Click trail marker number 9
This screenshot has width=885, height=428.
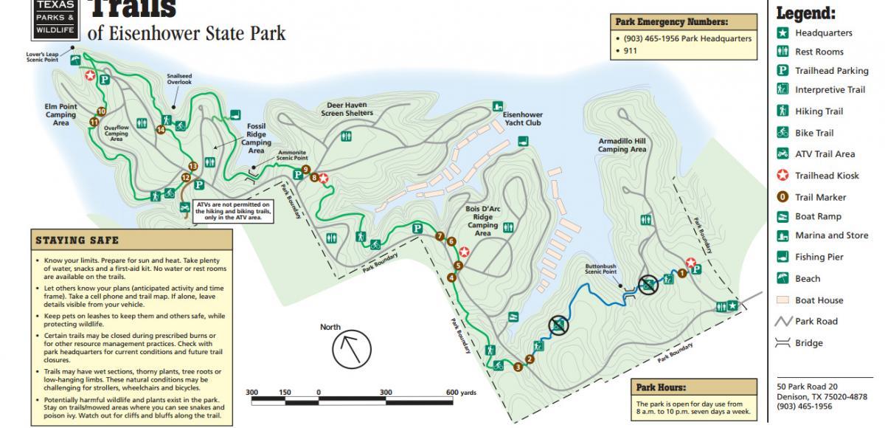(x=305, y=169)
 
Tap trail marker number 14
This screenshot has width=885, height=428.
(x=161, y=130)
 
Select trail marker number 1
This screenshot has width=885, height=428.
(x=682, y=273)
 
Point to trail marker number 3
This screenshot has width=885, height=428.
(x=518, y=367)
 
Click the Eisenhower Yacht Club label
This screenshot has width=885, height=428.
(x=522, y=119)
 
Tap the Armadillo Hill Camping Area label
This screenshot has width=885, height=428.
(x=622, y=145)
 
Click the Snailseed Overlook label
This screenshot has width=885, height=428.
(x=178, y=78)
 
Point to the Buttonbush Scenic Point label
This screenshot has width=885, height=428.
(x=600, y=268)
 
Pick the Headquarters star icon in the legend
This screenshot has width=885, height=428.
(x=782, y=33)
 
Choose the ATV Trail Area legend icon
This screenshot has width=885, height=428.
(x=782, y=154)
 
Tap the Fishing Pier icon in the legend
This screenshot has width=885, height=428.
(x=782, y=257)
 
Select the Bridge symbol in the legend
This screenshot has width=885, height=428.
(x=782, y=343)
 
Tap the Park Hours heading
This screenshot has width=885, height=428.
(x=661, y=387)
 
